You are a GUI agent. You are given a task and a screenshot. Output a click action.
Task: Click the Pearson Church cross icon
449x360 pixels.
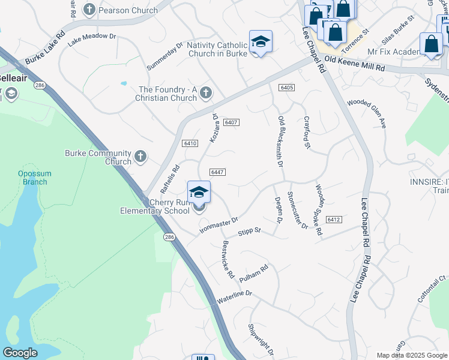coord(89,9)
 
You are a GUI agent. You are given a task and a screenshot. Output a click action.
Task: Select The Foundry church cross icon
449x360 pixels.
coord(206,93)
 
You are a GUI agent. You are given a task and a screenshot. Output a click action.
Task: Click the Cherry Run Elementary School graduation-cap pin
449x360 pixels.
coord(199,193)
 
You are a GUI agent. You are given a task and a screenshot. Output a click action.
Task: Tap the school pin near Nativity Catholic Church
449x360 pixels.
coord(261,41)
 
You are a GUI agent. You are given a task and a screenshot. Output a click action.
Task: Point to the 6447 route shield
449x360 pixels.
coord(217,172)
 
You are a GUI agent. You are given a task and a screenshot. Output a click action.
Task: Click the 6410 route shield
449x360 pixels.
coord(190,143)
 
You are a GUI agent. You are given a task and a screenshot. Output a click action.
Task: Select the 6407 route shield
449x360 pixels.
coord(232,122)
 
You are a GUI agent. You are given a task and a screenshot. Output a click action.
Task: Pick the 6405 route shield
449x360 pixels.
coord(286,88)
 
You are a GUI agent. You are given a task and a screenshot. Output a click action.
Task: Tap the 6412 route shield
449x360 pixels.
coord(334,220)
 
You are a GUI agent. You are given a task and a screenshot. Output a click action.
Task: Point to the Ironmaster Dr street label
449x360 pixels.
coord(218,225)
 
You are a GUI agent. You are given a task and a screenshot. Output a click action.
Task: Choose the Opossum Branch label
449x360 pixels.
coord(34,178)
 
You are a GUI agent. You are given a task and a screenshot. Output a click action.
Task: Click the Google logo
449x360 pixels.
coord(20,353)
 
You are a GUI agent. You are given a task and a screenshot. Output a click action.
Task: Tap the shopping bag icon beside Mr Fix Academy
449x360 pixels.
coord(431,43)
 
